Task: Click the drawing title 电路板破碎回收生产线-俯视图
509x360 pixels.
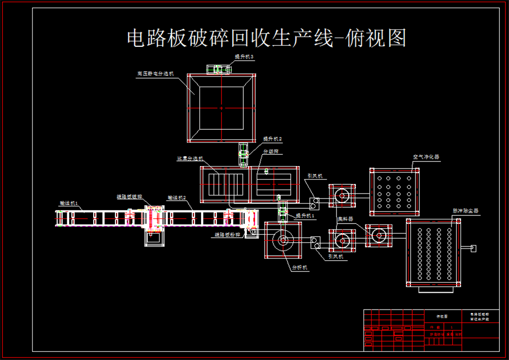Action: coord(266,38)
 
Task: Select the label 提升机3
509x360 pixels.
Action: coord(244,57)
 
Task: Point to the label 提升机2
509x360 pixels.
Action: coord(272,139)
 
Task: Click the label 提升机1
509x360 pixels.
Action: coord(306,216)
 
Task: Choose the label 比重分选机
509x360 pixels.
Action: coord(190,158)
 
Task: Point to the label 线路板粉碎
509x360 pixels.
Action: coord(227,235)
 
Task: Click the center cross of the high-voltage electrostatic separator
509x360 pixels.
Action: coord(221,108)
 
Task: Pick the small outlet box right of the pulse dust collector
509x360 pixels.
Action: coord(473,248)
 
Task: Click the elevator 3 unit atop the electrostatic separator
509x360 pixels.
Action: coord(218,69)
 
